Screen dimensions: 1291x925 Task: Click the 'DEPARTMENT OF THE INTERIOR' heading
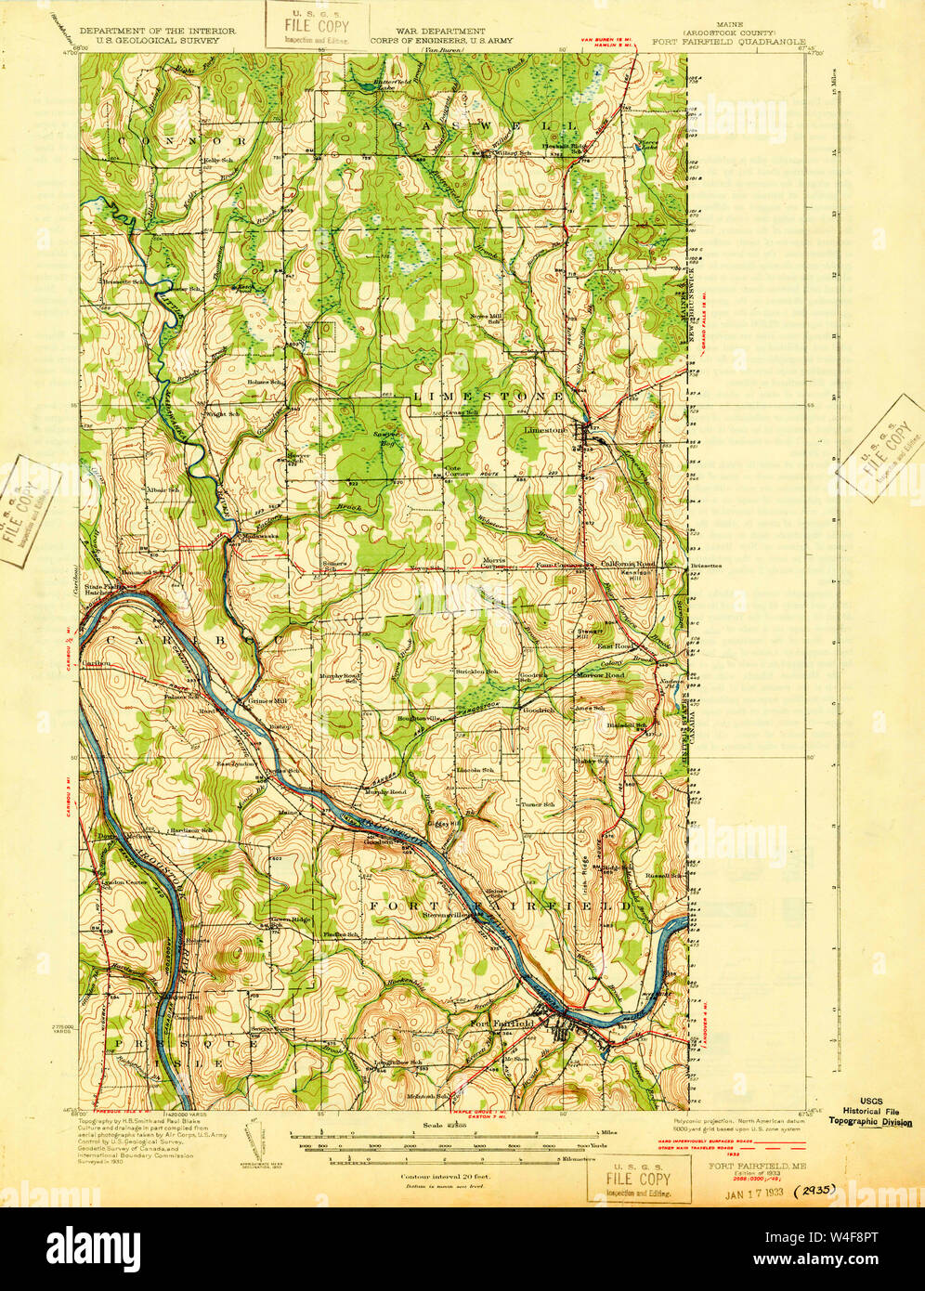(x=158, y=31)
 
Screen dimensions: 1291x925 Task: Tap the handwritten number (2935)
(x=815, y=1188)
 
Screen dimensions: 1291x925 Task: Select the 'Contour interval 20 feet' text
(x=445, y=1175)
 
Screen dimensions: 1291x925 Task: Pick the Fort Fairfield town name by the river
(x=502, y=1024)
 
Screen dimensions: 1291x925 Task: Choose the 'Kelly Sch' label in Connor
(x=216, y=161)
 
